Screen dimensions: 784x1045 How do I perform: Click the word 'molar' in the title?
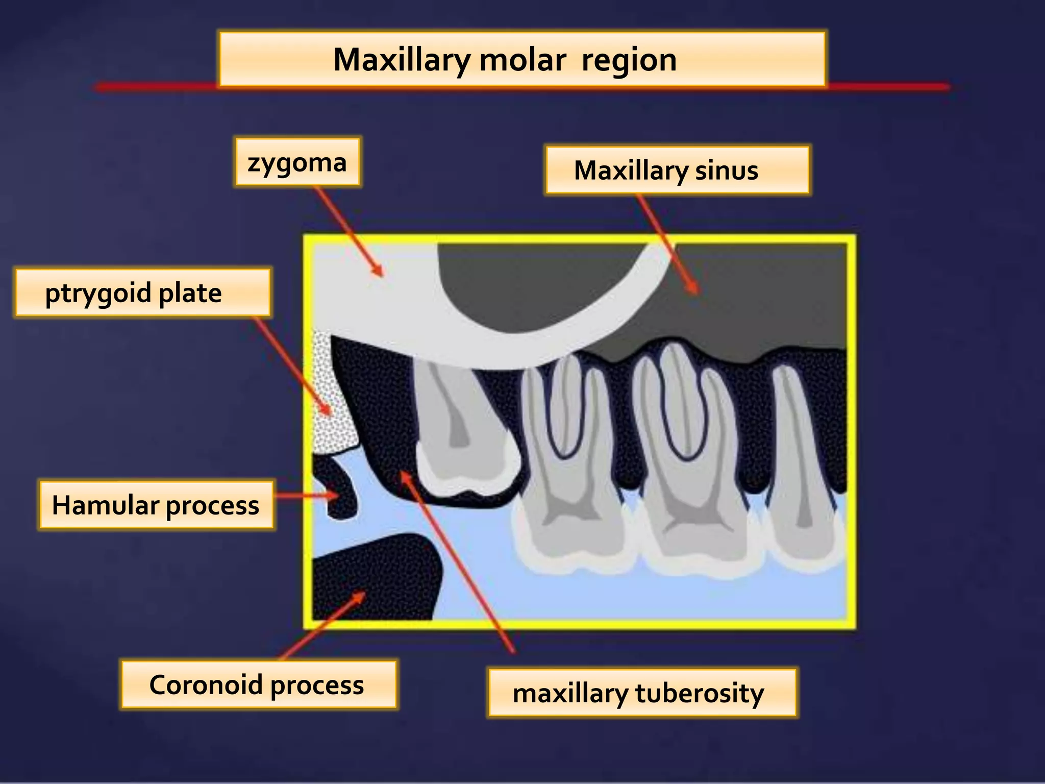point(522,60)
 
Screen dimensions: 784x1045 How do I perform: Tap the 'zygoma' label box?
point(297,162)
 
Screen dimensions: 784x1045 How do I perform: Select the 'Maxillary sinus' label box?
point(677,170)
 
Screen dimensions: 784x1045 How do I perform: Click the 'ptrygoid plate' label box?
point(142,293)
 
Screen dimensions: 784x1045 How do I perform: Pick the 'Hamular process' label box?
point(156,505)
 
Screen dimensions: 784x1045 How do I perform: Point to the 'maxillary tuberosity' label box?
point(642,693)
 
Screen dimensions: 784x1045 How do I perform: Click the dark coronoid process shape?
point(378,577)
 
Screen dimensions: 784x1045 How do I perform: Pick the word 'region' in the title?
point(629,60)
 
